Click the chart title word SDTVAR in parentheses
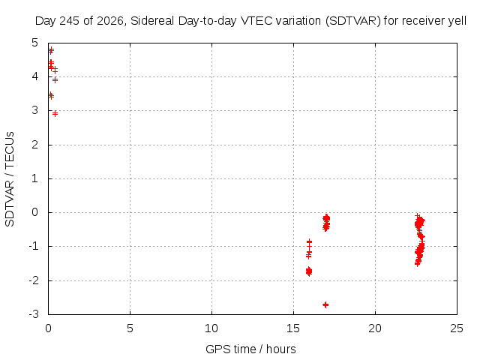click(353, 21)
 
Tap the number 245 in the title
click(69, 21)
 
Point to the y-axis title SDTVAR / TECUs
click(10, 179)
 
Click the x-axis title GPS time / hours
click(250, 349)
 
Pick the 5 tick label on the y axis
click(35, 43)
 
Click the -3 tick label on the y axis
click(34, 314)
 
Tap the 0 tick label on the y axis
click(35, 212)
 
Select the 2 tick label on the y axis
click(35, 145)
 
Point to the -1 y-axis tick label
click(34, 246)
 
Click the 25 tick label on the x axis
click(457, 328)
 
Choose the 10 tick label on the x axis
click(211, 328)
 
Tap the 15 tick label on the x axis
click(293, 328)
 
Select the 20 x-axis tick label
click(375, 328)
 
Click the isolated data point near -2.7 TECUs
click(325, 304)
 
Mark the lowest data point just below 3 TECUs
click(55, 114)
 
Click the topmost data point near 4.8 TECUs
click(51, 50)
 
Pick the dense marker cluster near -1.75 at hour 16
click(309, 271)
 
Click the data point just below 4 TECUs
click(55, 80)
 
